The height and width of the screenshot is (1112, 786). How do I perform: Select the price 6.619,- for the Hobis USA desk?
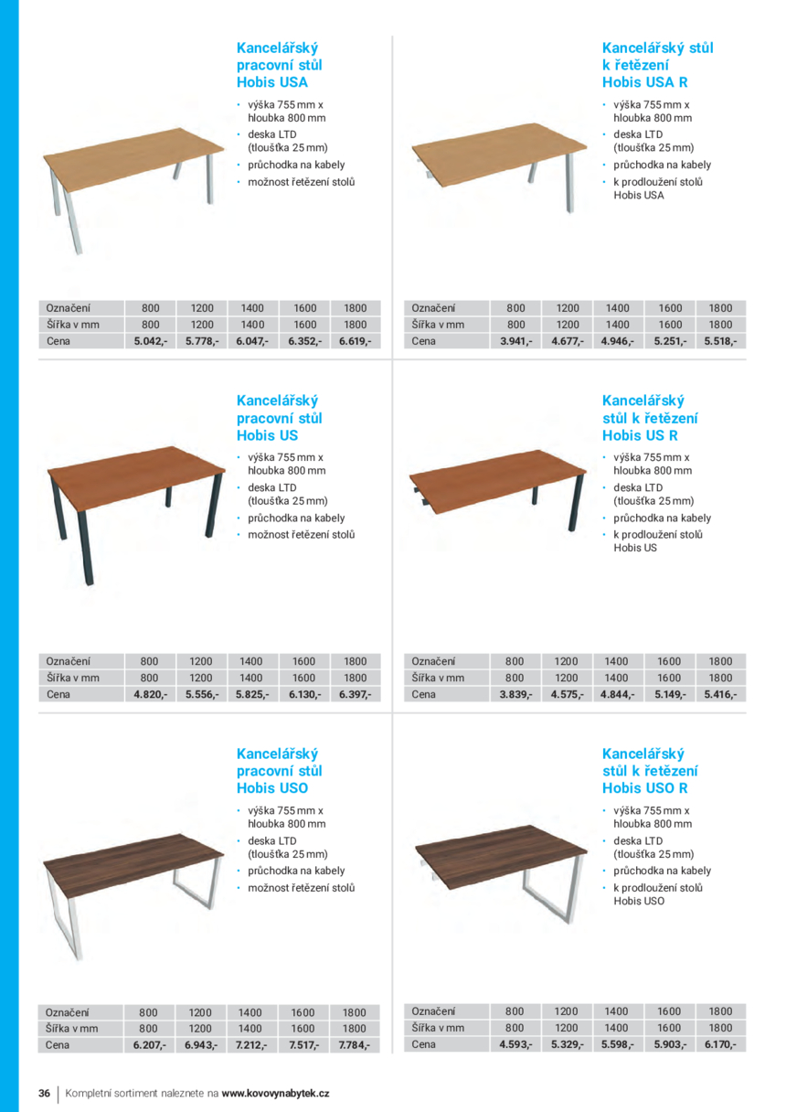coord(356,341)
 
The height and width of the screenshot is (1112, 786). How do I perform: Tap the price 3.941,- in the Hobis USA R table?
coord(516,341)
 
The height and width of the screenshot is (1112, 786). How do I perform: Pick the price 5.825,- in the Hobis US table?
coord(252,694)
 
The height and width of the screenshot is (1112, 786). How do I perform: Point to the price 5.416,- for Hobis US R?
coord(720,694)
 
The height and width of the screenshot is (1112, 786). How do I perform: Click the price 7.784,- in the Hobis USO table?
coord(355,1044)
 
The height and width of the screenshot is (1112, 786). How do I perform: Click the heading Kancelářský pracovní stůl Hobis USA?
coord(279,64)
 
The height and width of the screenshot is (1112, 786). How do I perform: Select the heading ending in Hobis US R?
coord(649,418)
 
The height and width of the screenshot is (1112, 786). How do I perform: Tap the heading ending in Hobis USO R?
coord(649,771)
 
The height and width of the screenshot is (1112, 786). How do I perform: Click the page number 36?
coord(44,1094)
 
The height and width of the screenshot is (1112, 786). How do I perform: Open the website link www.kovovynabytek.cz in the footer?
coord(275,1094)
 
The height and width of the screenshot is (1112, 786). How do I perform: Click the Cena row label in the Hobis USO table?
coord(58,1044)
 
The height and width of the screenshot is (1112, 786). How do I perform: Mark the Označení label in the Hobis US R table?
coord(434,661)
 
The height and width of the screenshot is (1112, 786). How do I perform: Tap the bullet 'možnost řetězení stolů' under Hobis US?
coord(301,535)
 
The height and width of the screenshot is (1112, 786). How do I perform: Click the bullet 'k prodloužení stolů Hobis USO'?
coord(657,894)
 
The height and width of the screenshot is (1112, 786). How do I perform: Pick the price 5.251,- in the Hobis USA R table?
coord(670,341)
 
